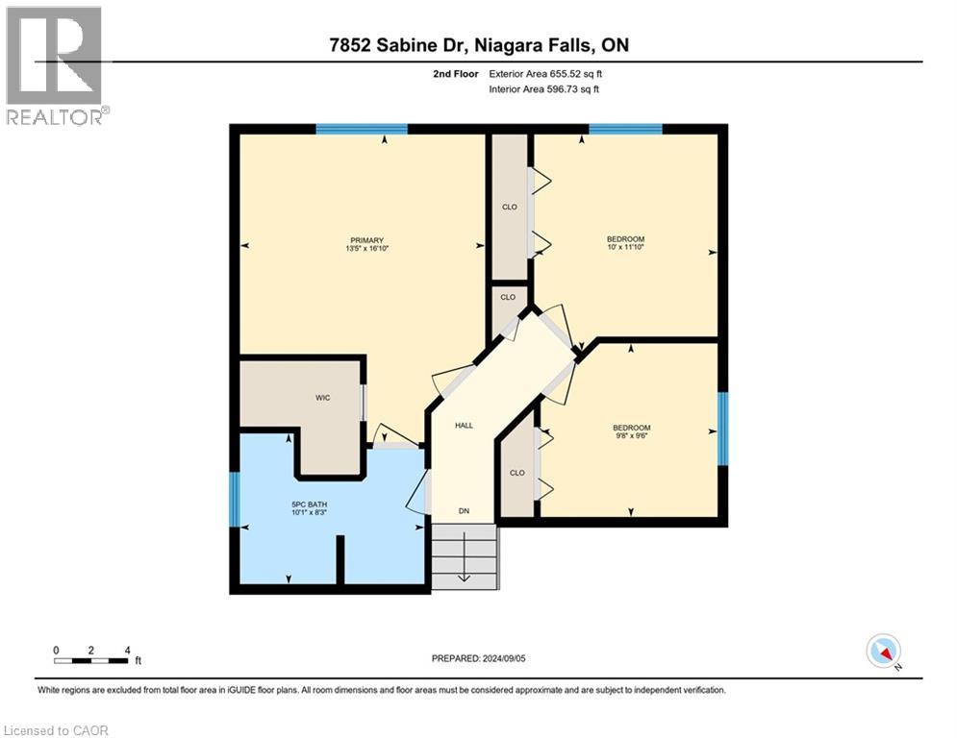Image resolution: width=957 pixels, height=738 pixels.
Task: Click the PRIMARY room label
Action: click(x=366, y=240)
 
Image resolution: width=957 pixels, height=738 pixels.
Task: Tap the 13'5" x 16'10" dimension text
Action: click(x=366, y=250)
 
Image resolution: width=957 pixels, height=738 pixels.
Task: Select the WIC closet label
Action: click(x=323, y=398)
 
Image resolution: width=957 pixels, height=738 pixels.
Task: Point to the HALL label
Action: click(x=465, y=425)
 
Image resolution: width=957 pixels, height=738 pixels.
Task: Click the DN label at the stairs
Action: click(x=465, y=511)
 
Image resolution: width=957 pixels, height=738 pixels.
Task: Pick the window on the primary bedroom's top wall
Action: click(x=362, y=129)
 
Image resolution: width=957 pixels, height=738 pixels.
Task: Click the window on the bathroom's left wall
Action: click(x=234, y=498)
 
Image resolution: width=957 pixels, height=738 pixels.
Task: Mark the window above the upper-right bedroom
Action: click(x=625, y=129)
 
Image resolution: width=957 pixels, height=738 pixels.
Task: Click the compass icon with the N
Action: click(x=883, y=652)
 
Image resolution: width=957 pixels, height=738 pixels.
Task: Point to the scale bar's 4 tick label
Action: click(x=126, y=650)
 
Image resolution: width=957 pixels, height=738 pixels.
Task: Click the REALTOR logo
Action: click(x=55, y=66)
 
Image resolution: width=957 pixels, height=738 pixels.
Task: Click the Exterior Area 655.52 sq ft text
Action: click(x=545, y=73)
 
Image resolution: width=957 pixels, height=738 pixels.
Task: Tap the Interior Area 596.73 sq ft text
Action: click(x=545, y=89)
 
